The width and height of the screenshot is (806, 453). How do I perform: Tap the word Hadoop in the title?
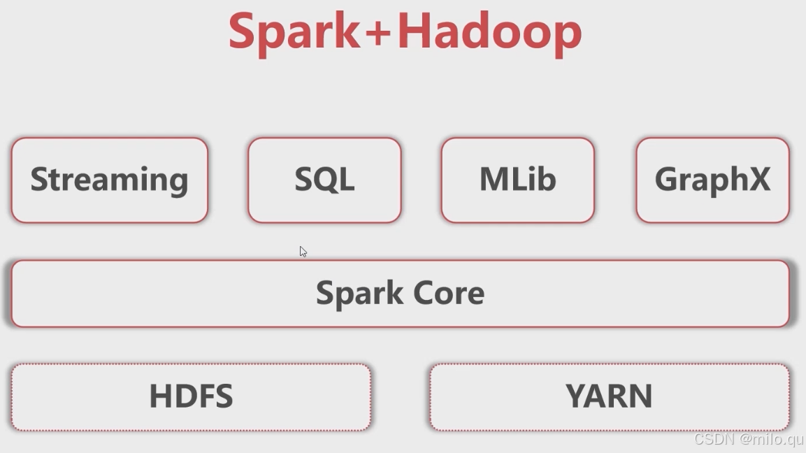[x=489, y=31]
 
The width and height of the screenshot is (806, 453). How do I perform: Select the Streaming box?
[x=110, y=180]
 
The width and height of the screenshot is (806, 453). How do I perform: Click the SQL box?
[x=324, y=180]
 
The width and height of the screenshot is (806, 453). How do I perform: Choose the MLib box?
[x=517, y=180]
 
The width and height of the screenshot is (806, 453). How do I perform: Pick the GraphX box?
[x=712, y=180]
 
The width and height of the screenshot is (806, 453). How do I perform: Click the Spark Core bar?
[x=400, y=293]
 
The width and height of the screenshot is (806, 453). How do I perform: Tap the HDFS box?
[x=191, y=396]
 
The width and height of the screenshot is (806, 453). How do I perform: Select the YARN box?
[x=609, y=396]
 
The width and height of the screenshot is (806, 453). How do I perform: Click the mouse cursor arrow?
[x=303, y=251]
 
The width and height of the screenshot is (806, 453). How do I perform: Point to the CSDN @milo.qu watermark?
[x=748, y=439]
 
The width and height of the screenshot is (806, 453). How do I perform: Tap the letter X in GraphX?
[x=758, y=180]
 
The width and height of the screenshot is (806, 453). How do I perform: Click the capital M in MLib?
[x=492, y=180]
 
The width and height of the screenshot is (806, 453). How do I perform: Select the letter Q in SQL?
[x=324, y=180]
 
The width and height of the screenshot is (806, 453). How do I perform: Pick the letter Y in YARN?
[x=576, y=396]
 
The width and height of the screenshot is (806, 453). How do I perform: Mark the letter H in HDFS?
[x=161, y=396]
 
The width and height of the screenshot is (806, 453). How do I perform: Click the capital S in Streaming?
[x=38, y=180]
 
